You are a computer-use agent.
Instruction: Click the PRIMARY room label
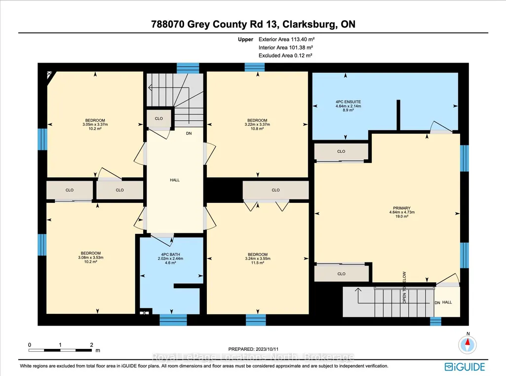(x=402, y=208)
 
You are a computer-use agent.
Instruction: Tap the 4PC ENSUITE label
(x=348, y=102)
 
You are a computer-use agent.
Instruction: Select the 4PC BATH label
(x=170, y=255)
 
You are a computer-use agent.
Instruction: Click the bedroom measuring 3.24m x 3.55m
(x=258, y=259)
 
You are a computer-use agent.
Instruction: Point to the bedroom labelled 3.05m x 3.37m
(x=95, y=124)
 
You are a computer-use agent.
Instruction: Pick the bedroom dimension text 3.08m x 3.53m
(x=91, y=258)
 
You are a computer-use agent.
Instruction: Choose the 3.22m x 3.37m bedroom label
(x=257, y=124)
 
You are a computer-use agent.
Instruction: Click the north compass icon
(x=467, y=344)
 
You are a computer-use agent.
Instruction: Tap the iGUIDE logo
(x=465, y=367)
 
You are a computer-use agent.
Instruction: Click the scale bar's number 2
(x=91, y=345)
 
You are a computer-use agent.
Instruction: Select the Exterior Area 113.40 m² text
(x=286, y=39)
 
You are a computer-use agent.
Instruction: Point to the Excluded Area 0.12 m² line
(x=285, y=55)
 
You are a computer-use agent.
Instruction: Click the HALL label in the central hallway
(x=175, y=180)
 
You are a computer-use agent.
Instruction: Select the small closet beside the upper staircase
(x=159, y=118)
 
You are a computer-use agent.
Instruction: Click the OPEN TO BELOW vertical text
(x=404, y=287)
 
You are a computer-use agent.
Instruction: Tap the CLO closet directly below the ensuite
(x=342, y=151)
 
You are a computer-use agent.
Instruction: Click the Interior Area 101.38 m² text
(x=286, y=47)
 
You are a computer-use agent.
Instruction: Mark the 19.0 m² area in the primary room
(x=402, y=217)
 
